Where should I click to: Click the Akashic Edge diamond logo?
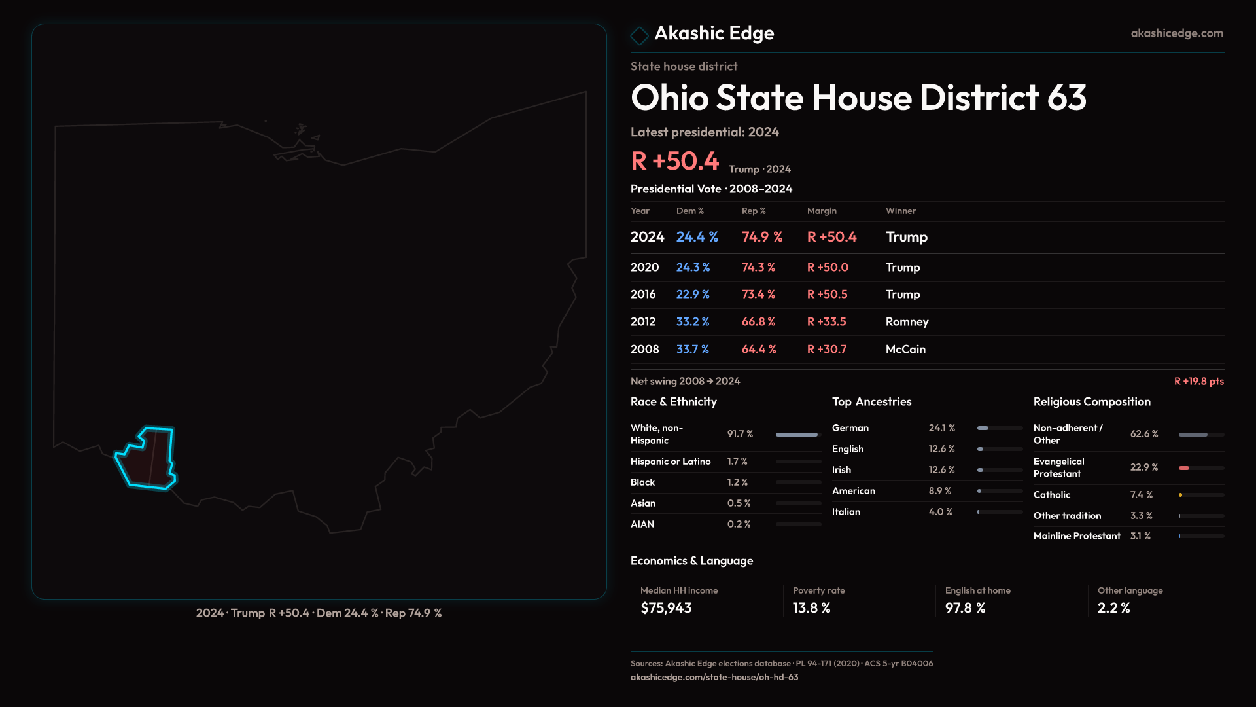[x=639, y=35]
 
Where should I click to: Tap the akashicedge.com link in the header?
[x=1177, y=33]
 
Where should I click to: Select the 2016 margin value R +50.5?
[x=827, y=295]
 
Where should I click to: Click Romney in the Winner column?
[x=907, y=322]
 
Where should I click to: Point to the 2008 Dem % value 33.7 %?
[x=692, y=350]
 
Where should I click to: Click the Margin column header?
[x=822, y=211]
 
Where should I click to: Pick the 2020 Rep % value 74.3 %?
[x=758, y=268]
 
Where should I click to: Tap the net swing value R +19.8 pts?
[x=1198, y=381]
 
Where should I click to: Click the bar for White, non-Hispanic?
[x=797, y=435]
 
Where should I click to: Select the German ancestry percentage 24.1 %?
[x=941, y=428]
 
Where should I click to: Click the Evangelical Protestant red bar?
[x=1184, y=468]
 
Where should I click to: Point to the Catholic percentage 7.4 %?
[x=1141, y=495]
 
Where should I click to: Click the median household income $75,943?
[x=666, y=608]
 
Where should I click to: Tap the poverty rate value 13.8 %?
[x=811, y=608]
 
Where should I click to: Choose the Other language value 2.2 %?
[x=1113, y=608]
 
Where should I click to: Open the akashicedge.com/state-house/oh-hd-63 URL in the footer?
[x=714, y=677]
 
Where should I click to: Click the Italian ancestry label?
[x=846, y=512]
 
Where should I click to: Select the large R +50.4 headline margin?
[x=674, y=161]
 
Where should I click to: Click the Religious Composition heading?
[x=1092, y=402]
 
